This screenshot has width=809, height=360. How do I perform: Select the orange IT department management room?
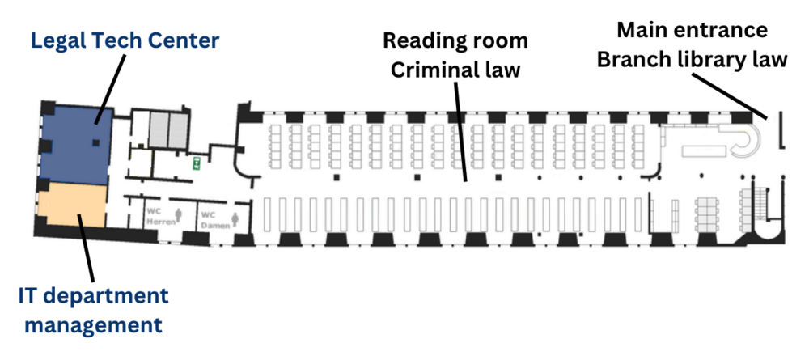point(73,205)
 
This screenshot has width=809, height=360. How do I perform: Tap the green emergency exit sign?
point(196,163)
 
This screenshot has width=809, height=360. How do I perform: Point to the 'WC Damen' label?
point(210,218)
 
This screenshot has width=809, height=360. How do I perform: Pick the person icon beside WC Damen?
point(235,218)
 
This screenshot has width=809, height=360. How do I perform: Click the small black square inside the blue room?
point(96,143)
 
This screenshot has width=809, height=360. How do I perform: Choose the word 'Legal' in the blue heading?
point(57,40)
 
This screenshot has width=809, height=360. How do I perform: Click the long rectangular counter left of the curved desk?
point(704,150)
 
